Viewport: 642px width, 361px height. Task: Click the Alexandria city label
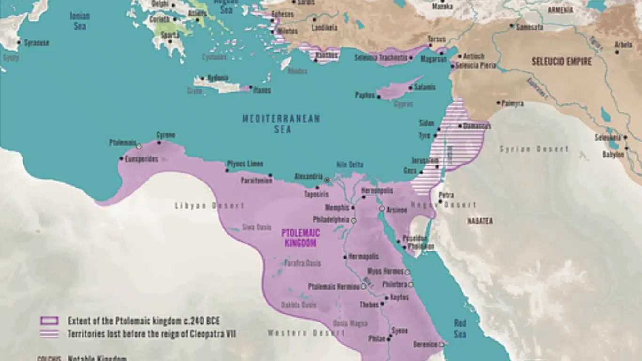point(308,176)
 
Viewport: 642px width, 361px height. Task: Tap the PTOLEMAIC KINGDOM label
point(300,238)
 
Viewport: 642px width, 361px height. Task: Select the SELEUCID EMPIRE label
point(562,62)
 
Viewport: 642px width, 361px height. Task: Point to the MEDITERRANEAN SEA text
point(281,124)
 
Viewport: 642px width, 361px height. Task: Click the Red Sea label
point(460,328)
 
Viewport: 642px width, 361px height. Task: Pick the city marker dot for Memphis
point(352,207)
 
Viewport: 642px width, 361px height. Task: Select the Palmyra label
point(512,103)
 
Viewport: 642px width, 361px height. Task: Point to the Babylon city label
point(613,154)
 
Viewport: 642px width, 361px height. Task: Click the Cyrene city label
point(165,135)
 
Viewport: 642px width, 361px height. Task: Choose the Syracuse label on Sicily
point(36,43)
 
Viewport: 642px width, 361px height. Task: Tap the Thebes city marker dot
point(382,304)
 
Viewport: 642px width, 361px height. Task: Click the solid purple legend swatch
point(49,321)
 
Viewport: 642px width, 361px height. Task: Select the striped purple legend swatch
point(49,334)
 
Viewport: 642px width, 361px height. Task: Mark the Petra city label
point(446,195)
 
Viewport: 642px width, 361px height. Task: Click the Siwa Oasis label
point(257,228)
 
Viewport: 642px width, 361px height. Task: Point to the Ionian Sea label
point(79,21)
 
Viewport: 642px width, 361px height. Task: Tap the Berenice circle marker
point(441,345)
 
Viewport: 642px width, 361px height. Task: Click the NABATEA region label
point(479,220)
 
